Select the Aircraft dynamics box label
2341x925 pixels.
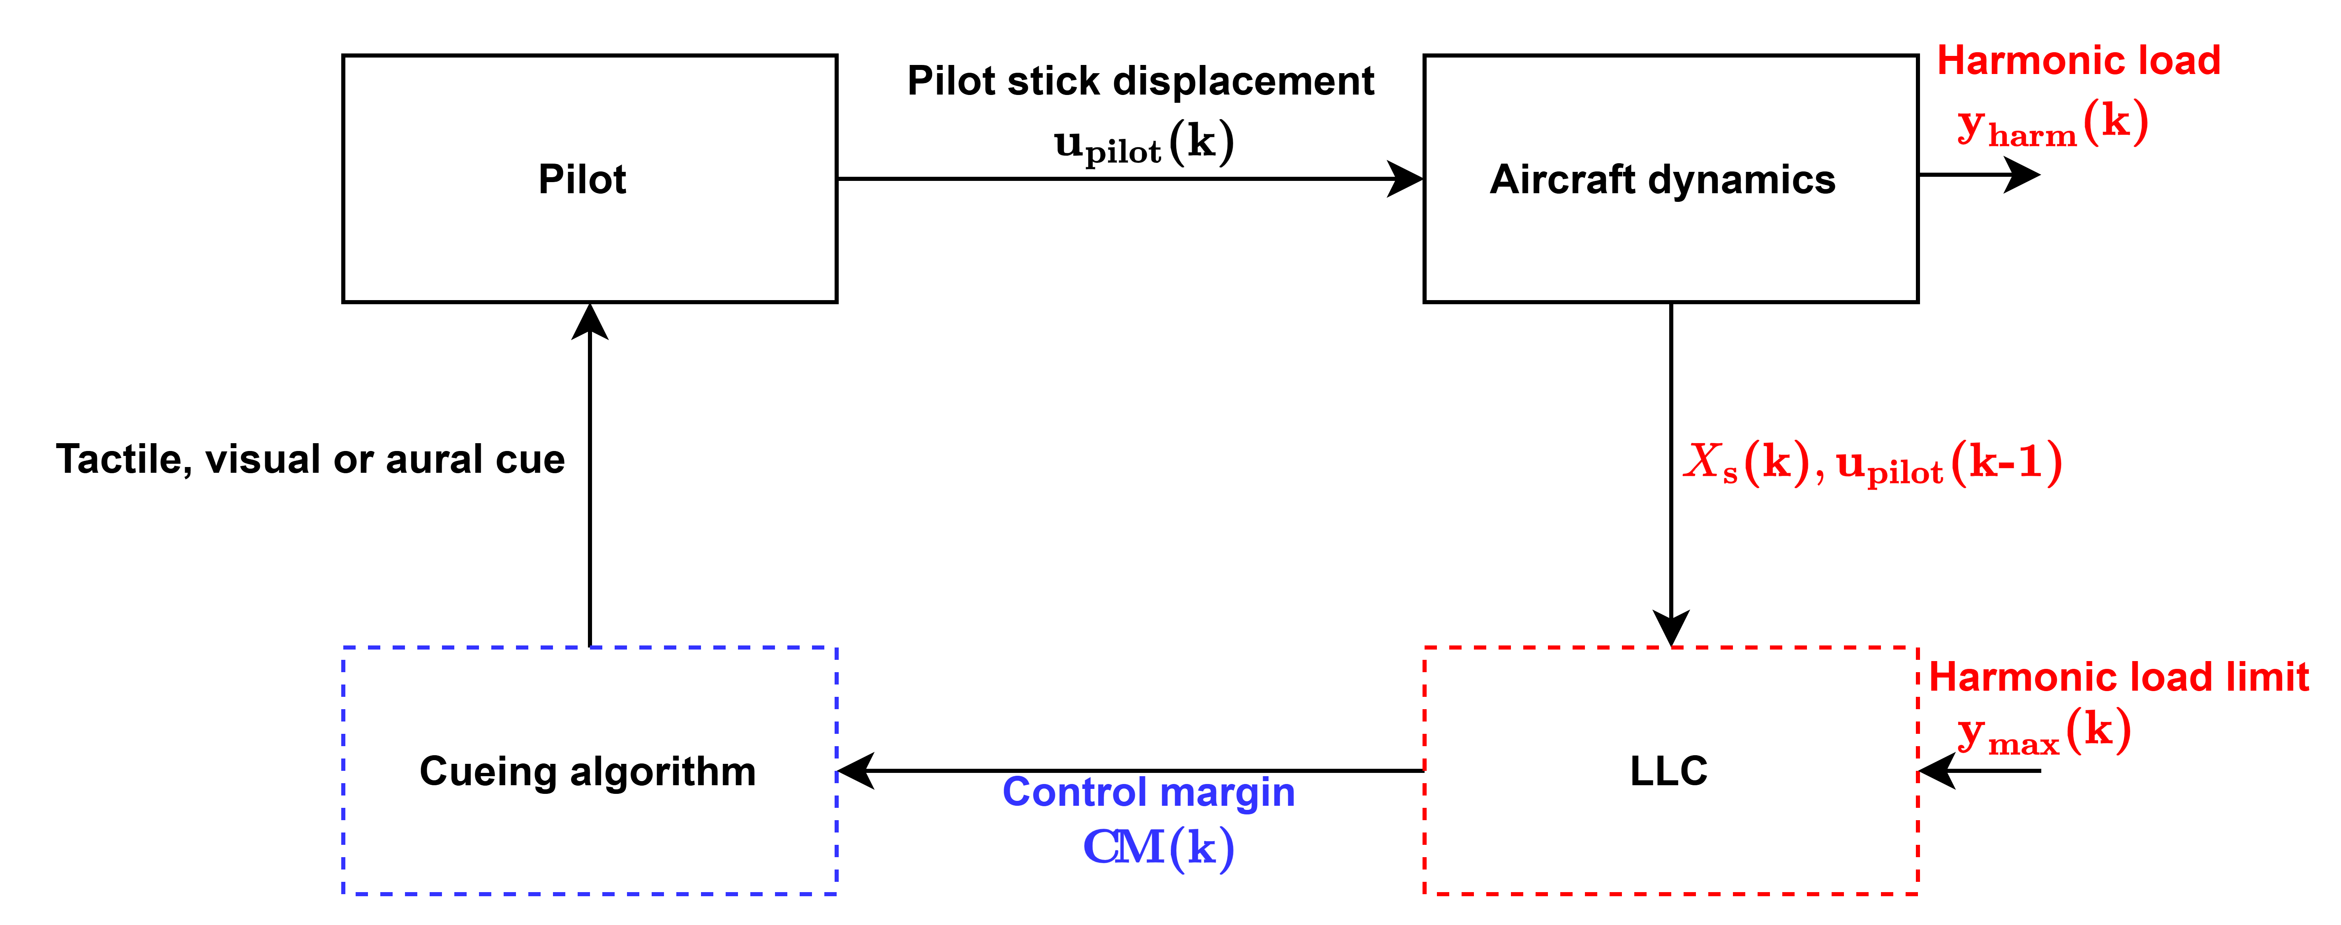coord(1662,179)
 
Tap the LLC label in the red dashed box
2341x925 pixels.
coord(1668,770)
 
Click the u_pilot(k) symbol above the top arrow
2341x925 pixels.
coord(1143,143)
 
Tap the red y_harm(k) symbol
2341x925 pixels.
coord(2052,125)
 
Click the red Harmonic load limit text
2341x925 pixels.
coord(2118,677)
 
